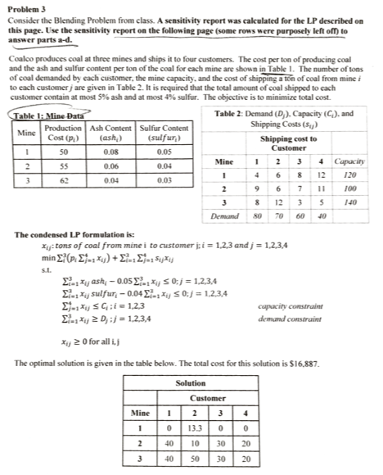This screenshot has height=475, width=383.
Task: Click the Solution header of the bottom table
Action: click(190, 382)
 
